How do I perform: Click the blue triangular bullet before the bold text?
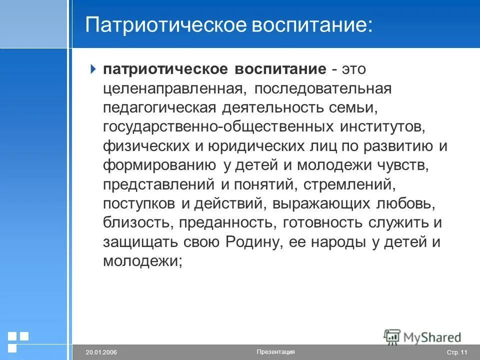[92, 69]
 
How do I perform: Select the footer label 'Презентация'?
[275, 352]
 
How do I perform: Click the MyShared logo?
[422, 337]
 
